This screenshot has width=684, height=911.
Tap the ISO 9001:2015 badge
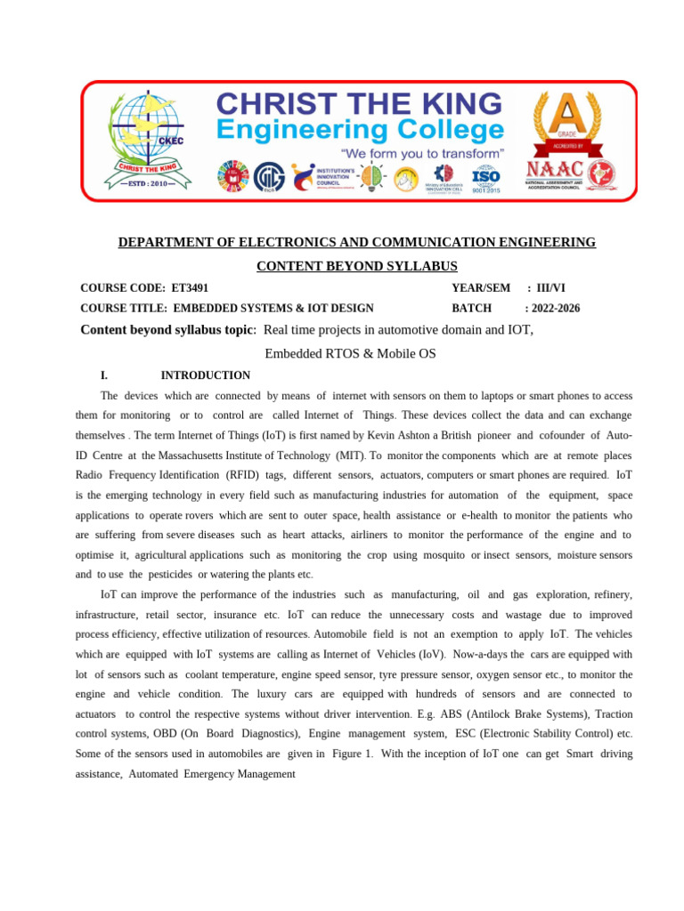click(x=485, y=178)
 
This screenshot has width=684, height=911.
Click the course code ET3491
click(x=190, y=288)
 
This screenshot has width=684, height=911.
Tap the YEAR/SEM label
click(x=481, y=288)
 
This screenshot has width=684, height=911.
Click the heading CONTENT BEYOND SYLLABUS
click(x=357, y=266)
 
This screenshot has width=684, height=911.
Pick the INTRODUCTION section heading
click(x=205, y=375)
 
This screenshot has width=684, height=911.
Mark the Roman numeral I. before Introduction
click(x=104, y=375)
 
